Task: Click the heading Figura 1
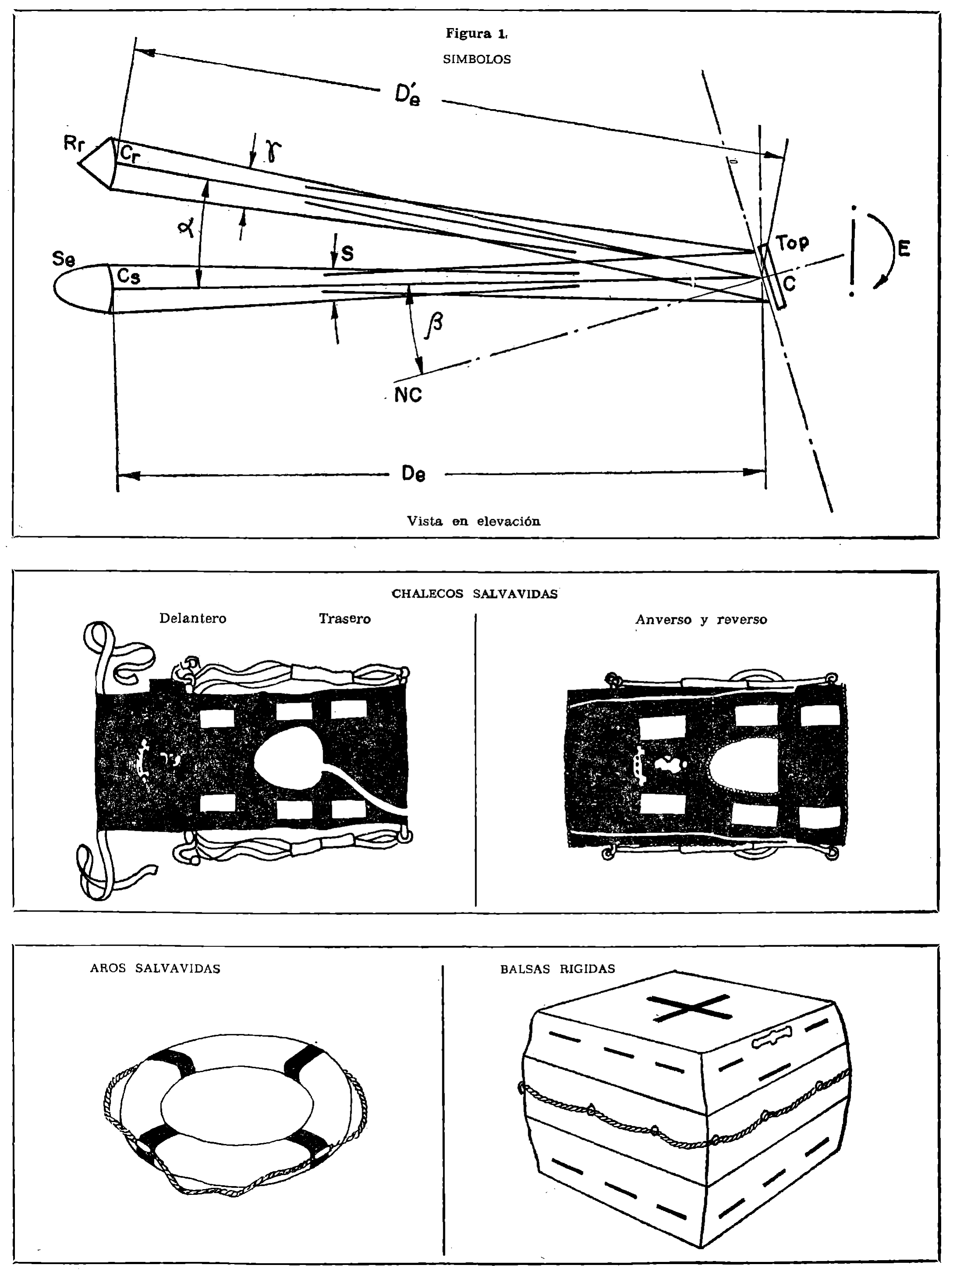point(476,34)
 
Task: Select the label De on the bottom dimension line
point(414,474)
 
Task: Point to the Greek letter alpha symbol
point(186,230)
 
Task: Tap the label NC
point(408,395)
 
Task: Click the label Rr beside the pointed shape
point(74,144)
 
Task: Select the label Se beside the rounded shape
point(63,259)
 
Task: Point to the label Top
point(792,242)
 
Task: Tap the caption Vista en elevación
point(473,521)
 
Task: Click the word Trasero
point(345,619)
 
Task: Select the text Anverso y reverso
point(701,620)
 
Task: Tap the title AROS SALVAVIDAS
point(155,968)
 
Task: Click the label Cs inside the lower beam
point(128,276)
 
